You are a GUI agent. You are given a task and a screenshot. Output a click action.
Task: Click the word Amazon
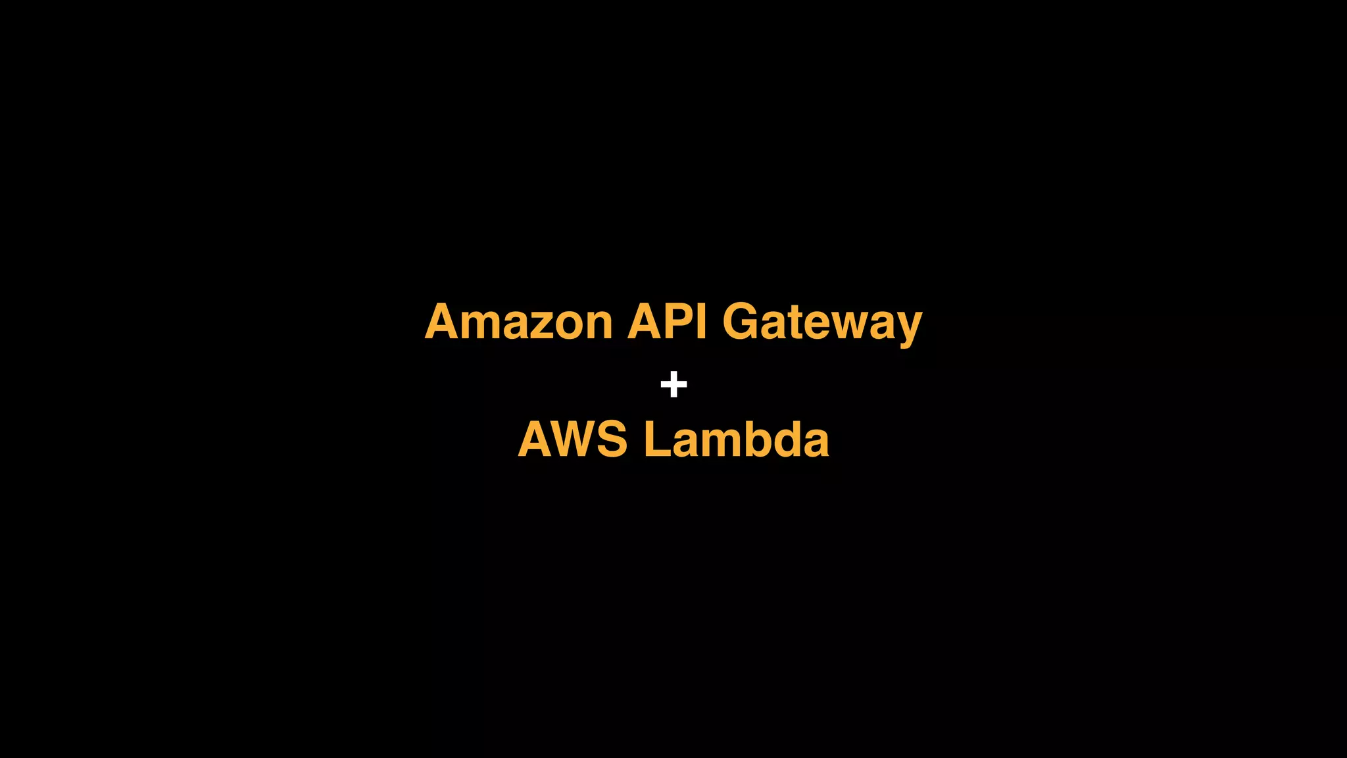click(x=519, y=322)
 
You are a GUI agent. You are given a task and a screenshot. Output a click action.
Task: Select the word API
click(x=667, y=322)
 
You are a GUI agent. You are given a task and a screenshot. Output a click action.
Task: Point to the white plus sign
click(x=673, y=384)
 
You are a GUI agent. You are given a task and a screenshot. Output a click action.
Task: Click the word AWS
click(x=572, y=440)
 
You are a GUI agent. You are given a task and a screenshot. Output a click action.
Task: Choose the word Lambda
click(x=736, y=440)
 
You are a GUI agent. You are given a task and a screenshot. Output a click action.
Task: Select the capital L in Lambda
click(x=655, y=440)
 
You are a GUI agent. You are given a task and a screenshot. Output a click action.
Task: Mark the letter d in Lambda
click(x=785, y=440)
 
